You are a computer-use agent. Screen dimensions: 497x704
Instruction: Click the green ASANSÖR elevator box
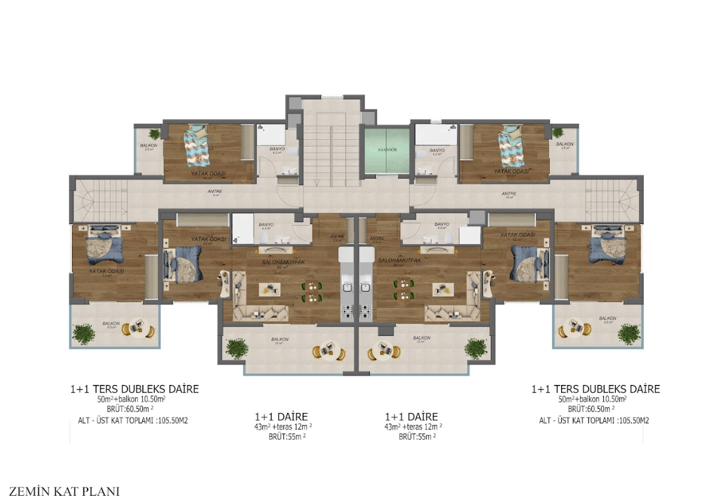coord(386,150)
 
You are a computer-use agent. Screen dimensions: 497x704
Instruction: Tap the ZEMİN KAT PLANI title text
coord(64,491)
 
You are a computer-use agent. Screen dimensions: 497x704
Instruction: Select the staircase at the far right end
coord(612,198)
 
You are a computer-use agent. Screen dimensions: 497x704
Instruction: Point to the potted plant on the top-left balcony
coord(154,134)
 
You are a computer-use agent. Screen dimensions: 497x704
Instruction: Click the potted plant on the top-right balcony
coord(558,132)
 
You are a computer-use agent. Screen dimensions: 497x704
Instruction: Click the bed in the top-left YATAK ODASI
coord(196,145)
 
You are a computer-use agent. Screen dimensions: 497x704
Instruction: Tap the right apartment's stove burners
coord(366,310)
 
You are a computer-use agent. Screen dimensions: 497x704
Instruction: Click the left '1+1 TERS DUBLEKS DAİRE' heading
coord(134,389)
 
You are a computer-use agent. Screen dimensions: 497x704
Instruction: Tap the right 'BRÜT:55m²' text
coord(417,437)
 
